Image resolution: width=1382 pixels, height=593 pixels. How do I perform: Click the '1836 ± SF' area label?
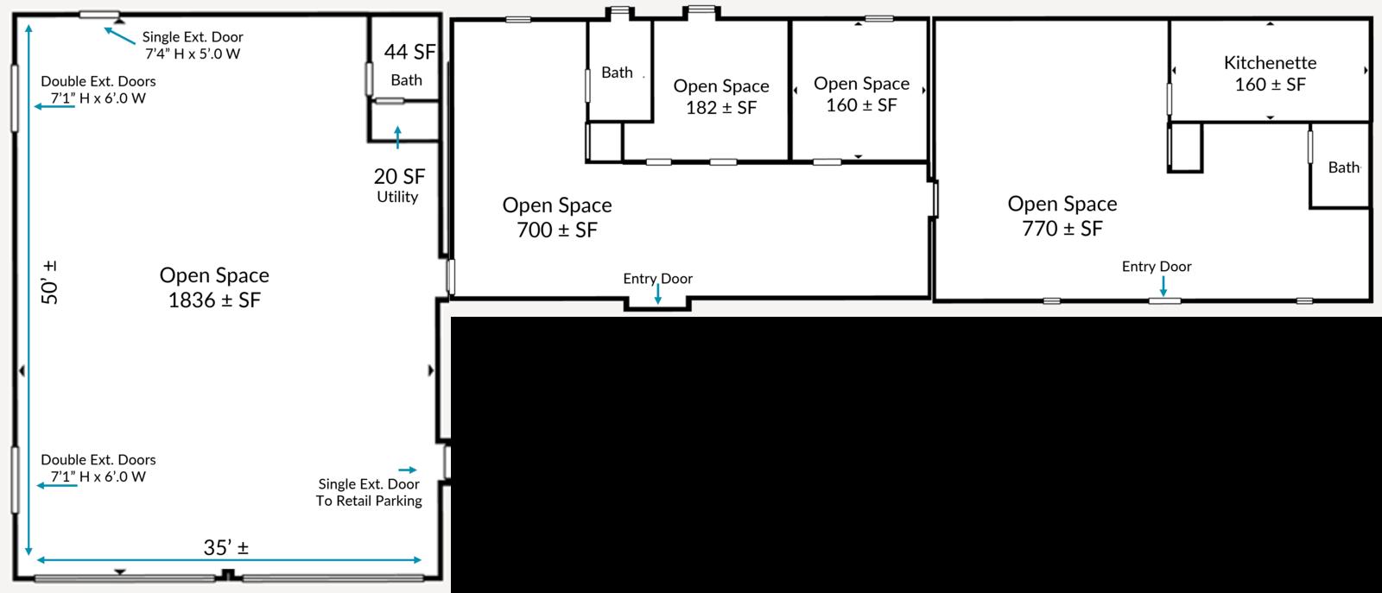point(214,300)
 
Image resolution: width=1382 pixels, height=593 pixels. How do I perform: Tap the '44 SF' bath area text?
point(409,52)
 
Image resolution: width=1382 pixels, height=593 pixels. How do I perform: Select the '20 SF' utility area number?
point(399,176)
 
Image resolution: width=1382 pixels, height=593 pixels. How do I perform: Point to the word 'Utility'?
point(397,197)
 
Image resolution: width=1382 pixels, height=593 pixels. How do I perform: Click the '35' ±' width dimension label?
point(225,547)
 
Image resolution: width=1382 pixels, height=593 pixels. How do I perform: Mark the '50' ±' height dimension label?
point(49,282)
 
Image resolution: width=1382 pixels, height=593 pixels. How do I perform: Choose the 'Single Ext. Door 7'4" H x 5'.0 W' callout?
point(193,45)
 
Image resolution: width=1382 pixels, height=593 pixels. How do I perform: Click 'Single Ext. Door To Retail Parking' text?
point(369,492)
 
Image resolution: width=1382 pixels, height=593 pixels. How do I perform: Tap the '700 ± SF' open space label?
point(557,230)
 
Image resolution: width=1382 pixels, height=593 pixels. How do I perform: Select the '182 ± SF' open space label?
point(721,108)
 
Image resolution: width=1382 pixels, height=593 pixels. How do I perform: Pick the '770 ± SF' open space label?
point(1062,229)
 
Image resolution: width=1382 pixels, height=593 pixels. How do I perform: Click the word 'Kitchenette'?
point(1271,62)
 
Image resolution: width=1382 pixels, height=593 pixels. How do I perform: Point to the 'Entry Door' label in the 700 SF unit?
point(657,279)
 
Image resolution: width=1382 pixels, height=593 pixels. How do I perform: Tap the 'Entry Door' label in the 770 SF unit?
point(1157,267)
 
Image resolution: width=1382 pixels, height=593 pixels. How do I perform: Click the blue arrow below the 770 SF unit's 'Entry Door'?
point(1163,286)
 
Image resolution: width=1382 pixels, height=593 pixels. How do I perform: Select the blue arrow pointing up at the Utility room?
point(398,137)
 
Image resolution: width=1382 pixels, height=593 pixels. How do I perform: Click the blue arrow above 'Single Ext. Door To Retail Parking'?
point(408,470)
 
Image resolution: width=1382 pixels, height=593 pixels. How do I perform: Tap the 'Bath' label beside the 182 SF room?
point(617,73)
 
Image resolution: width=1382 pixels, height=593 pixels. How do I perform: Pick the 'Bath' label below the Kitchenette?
point(1344,167)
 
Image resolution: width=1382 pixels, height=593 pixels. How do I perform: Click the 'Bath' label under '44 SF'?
point(407,80)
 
